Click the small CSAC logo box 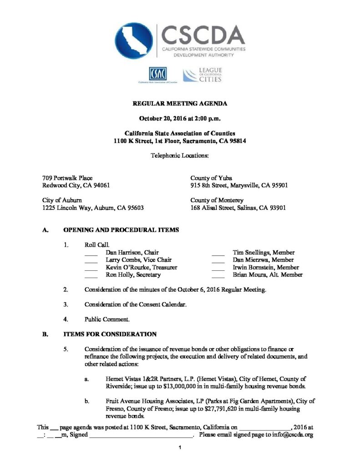coord(157,73)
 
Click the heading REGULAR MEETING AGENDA coord(180,104)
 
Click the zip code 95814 coord(235,141)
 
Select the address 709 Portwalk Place coord(67,178)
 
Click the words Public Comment coord(107,319)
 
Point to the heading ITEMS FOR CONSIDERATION coord(110,334)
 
